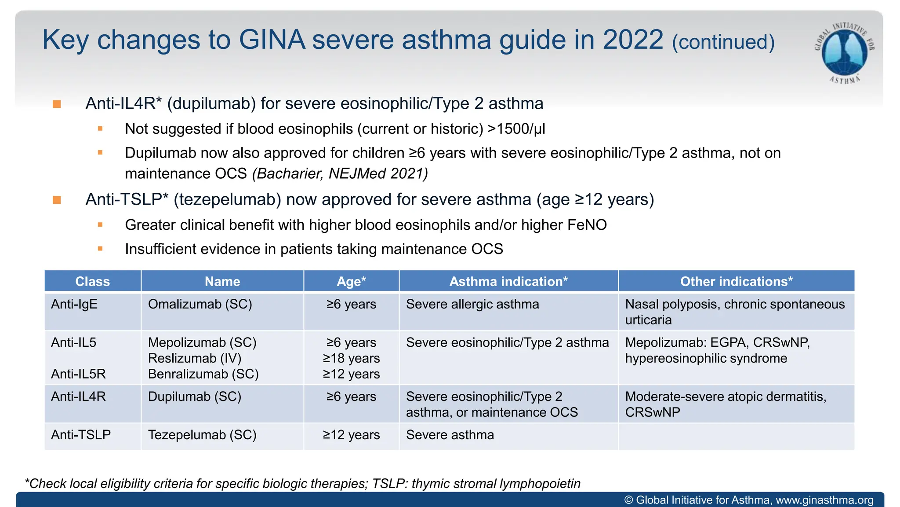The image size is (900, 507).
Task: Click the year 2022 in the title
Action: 632,40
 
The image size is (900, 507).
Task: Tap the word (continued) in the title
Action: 723,42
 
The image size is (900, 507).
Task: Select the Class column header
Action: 92,281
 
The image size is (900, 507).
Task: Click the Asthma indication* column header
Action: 508,281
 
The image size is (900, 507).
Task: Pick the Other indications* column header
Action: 736,281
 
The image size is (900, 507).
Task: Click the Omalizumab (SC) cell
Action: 200,304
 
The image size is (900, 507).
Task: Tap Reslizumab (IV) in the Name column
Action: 195,358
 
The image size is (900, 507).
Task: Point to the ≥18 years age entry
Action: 351,358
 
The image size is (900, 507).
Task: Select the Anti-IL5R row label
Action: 78,374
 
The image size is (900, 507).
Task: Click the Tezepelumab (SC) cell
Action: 202,435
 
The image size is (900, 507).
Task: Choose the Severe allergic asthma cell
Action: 472,304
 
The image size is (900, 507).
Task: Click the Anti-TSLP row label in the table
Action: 81,435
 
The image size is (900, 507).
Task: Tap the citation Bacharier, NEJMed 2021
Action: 340,173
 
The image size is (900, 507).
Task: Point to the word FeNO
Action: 587,225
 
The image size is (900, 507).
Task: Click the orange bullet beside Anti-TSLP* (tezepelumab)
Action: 57,200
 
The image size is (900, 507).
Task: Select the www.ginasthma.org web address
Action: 824,500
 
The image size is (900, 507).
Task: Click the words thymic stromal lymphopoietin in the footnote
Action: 496,484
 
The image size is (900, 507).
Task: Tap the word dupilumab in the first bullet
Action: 211,103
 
